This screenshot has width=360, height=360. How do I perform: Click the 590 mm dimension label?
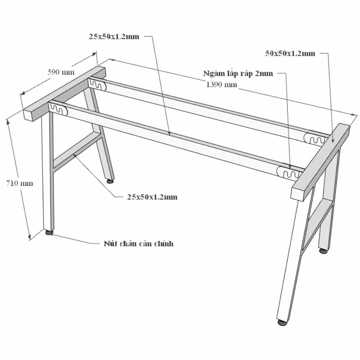[x=61, y=72]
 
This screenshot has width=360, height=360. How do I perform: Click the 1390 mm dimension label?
[x=221, y=85]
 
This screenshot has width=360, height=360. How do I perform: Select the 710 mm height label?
[x=19, y=183]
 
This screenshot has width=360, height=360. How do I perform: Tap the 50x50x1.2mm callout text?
[x=290, y=54]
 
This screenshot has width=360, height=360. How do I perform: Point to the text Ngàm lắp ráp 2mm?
[x=238, y=73]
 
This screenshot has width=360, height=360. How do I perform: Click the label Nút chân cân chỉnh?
[x=139, y=244]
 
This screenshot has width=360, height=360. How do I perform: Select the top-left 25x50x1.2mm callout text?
[x=114, y=36]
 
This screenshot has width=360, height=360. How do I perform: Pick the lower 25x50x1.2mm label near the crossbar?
[x=152, y=197]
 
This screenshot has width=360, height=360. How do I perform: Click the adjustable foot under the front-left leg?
[x=49, y=233]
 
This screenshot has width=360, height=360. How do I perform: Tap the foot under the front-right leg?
[x=283, y=322]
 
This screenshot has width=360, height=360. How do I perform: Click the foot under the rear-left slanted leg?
[x=110, y=181]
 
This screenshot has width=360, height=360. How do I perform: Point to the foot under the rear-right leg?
[x=323, y=251]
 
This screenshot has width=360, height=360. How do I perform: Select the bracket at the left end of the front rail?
[x=59, y=109]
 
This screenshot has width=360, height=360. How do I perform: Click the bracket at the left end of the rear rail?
[x=98, y=84]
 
